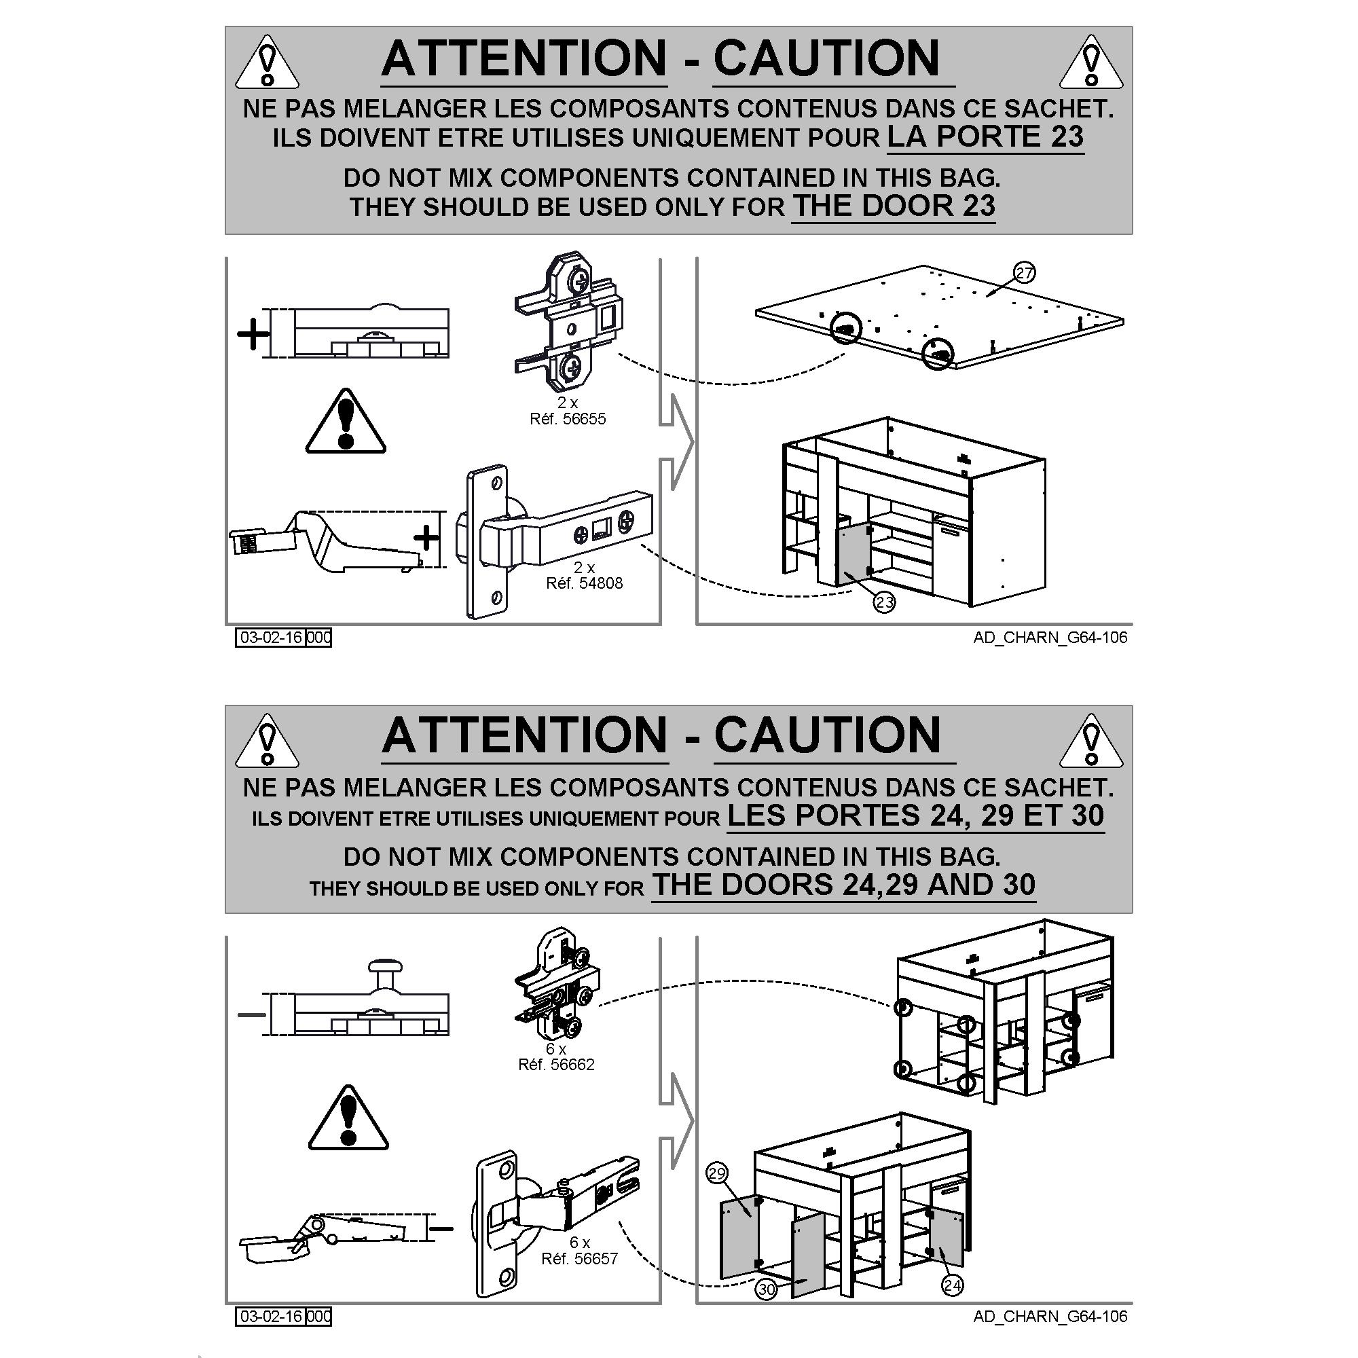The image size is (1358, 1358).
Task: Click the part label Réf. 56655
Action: pos(567,419)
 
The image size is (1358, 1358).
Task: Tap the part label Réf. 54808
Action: pos(584,583)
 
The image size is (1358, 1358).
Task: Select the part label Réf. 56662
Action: pos(556,1065)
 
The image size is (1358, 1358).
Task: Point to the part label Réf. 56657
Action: pos(579,1259)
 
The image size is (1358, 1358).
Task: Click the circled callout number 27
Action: pos(1024,273)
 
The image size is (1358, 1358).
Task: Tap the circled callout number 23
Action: pos(884,602)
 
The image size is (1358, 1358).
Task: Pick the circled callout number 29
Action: pos(717,1173)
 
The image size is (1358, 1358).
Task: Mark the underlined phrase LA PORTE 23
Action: pos(985,137)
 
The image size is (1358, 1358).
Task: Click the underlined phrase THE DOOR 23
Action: pos(894,206)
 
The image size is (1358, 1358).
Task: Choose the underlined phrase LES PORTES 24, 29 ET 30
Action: pos(915,816)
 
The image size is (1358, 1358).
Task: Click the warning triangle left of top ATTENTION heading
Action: pos(267,62)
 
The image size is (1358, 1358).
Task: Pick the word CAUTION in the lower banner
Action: pos(827,735)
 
